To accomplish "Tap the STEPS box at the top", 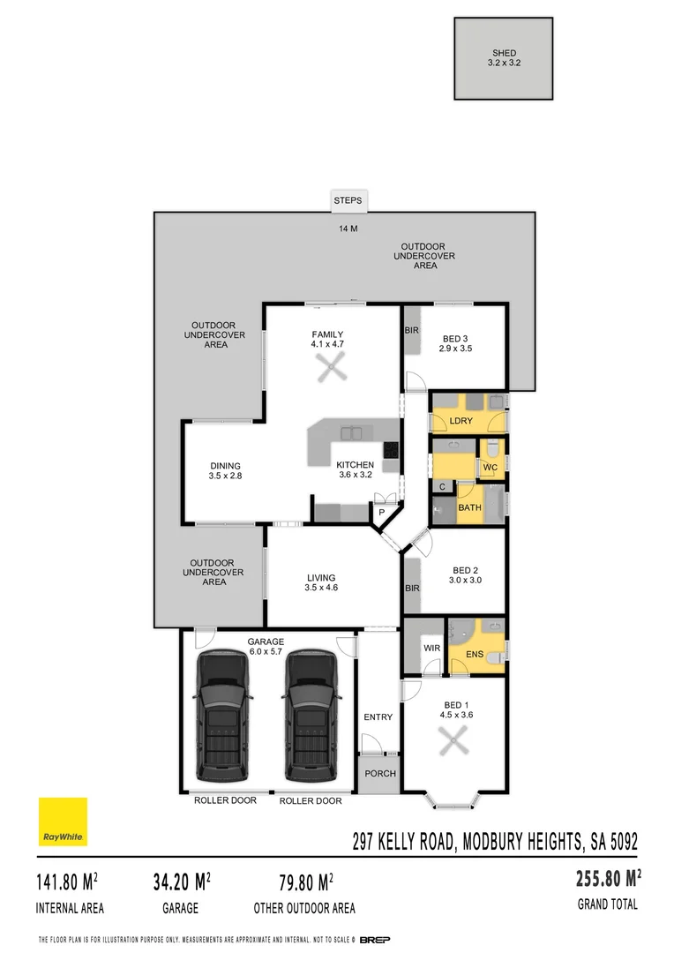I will tap(348, 201).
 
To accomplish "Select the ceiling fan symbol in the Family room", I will tap(333, 367).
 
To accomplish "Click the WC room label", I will tap(491, 466).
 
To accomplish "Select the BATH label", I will tap(469, 507).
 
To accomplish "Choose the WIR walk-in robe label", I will tap(431, 648).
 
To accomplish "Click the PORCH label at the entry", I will tap(380, 774).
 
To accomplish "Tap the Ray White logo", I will tap(63, 822).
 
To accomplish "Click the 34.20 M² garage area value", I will tap(181, 882).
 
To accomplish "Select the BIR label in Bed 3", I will tap(411, 331).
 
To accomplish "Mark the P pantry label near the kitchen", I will tap(382, 511).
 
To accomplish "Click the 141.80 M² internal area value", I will tap(67, 882).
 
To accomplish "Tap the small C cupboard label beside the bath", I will tap(441, 486).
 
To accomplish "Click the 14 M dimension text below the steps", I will tap(348, 229).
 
